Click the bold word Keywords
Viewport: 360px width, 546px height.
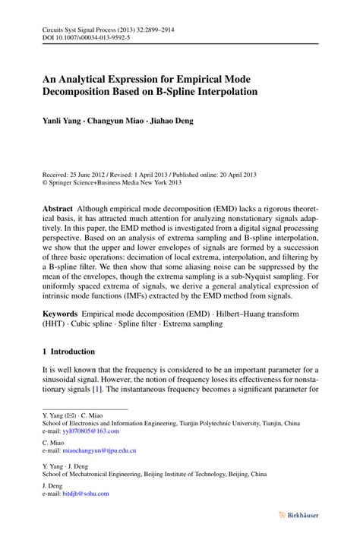pos(61,312)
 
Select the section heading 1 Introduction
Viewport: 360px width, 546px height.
pos(69,352)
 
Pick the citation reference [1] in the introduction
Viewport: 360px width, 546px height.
pos(96,389)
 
